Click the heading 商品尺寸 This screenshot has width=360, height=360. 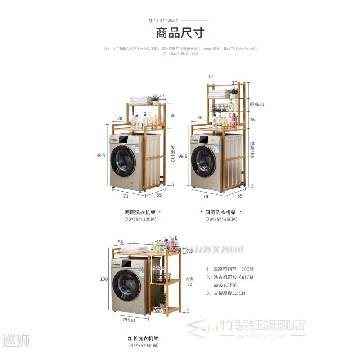click(180, 33)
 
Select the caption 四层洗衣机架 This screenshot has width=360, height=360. click(220, 211)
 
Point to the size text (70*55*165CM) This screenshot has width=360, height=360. click(220, 220)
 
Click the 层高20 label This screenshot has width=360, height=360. click(256, 104)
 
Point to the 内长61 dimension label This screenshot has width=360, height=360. click(130, 320)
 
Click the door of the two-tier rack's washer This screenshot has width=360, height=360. click(124, 162)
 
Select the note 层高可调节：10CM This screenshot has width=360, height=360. click(229, 269)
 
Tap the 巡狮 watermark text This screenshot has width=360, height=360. click(16, 342)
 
